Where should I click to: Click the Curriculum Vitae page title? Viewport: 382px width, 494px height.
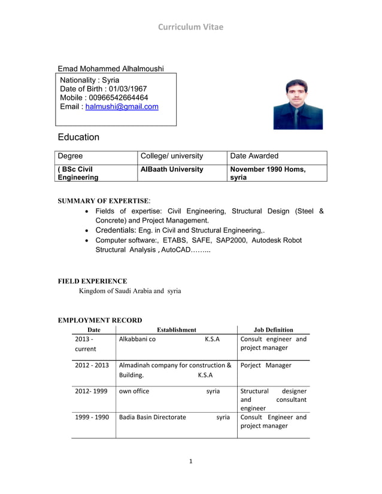tap(190, 27)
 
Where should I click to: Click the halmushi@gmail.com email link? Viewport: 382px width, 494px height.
tap(122, 106)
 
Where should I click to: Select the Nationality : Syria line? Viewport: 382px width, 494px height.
tap(90, 80)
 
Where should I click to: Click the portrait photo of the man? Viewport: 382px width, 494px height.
tap(298, 104)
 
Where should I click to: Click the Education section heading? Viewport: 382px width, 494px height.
tap(78, 137)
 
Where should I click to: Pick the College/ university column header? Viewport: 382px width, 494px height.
tap(172, 156)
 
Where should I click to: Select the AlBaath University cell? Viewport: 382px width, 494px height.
tap(172, 169)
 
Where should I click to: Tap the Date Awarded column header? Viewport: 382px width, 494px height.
tap(254, 156)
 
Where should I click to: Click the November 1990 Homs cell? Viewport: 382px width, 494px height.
tap(268, 169)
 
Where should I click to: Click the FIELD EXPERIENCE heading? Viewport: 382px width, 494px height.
tap(92, 281)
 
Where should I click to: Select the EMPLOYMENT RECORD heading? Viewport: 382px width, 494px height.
tap(100, 320)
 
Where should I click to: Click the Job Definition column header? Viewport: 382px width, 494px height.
tap(273, 330)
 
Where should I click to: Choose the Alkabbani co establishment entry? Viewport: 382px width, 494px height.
tap(138, 339)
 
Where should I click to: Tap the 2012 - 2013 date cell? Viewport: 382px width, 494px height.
tap(92, 365)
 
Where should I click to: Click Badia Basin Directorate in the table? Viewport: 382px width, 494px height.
tap(153, 417)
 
